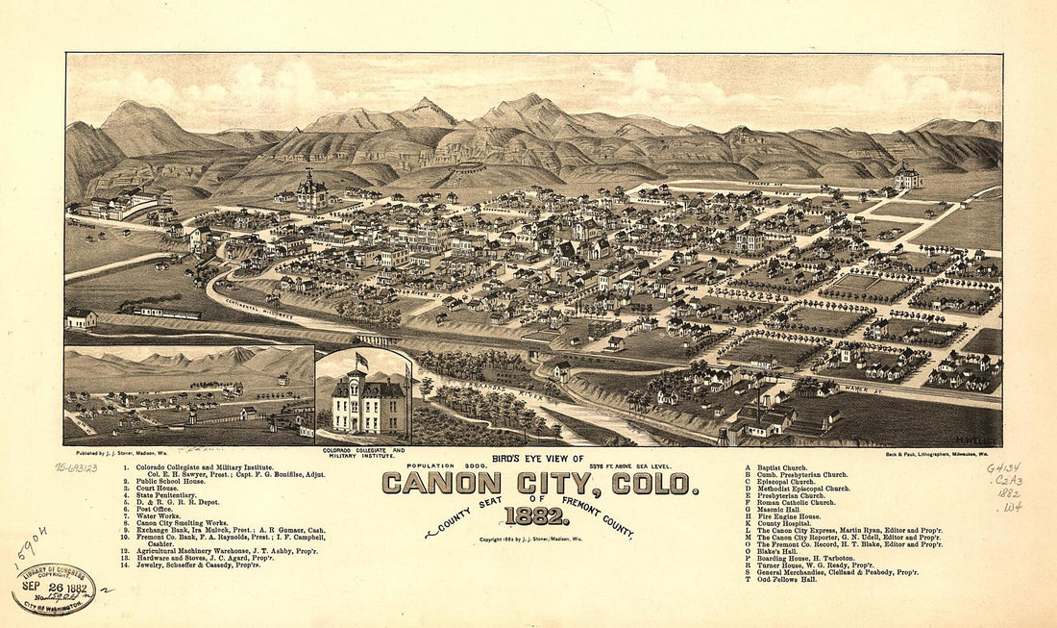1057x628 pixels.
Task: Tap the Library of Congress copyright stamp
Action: [53, 588]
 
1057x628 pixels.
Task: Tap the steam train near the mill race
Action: [154, 310]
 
